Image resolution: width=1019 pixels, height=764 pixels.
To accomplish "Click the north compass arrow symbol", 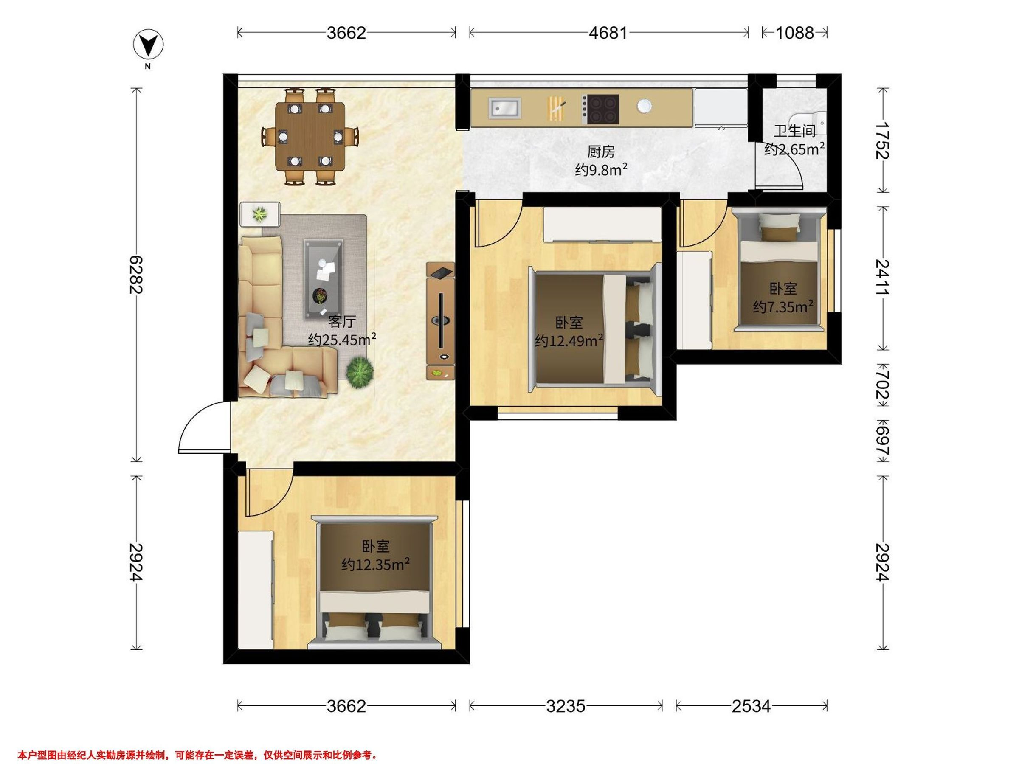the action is pyautogui.click(x=148, y=45).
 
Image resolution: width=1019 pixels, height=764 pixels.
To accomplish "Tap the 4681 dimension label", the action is pyautogui.click(x=608, y=33).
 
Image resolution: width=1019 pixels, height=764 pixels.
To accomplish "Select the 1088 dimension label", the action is pyautogui.click(x=795, y=33).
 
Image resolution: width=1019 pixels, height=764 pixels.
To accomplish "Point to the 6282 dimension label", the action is pyautogui.click(x=136, y=275).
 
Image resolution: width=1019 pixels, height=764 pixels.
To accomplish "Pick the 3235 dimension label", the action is pyautogui.click(x=566, y=706).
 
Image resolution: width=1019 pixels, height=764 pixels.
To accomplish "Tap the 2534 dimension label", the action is pyautogui.click(x=752, y=706).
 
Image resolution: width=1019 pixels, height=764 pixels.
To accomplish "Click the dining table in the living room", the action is pyautogui.click(x=310, y=136).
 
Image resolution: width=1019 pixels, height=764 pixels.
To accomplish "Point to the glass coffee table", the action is pyautogui.click(x=324, y=279).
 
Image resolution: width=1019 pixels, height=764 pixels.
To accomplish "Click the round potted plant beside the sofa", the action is pyautogui.click(x=360, y=372).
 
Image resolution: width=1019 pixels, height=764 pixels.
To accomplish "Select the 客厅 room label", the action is pyautogui.click(x=341, y=321).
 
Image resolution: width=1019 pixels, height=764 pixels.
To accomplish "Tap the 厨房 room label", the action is pyautogui.click(x=601, y=152).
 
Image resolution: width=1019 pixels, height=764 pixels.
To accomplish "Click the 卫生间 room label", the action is pyautogui.click(x=794, y=131).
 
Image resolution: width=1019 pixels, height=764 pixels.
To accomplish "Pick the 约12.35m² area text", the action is pyautogui.click(x=376, y=564).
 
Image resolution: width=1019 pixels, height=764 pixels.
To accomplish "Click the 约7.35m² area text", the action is pyautogui.click(x=783, y=307).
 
